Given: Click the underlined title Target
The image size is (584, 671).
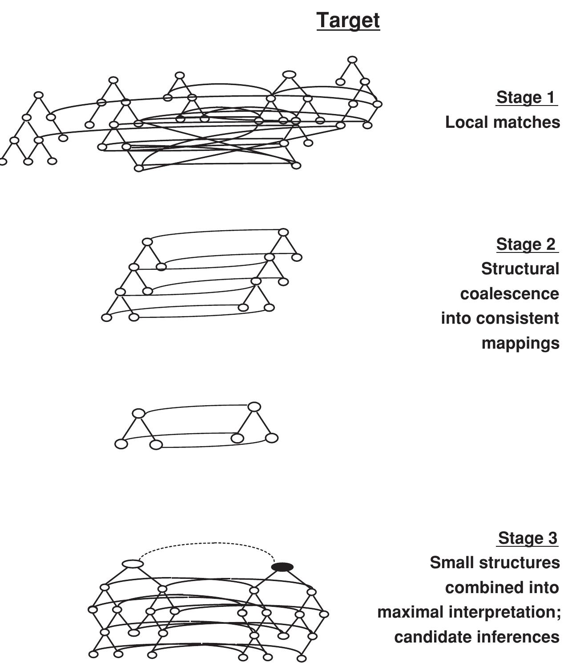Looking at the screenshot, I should [x=348, y=20].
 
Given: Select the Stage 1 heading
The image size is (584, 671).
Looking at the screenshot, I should [x=526, y=97].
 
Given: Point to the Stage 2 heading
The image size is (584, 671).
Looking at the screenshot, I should [x=526, y=244].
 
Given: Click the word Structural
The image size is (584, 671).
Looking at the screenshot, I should [x=520, y=269].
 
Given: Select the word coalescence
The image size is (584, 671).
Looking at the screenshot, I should [x=509, y=294].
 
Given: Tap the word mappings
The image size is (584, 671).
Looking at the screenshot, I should [x=520, y=343].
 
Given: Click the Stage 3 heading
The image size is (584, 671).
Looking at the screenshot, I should [x=527, y=538].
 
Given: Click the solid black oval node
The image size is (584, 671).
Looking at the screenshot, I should [x=282, y=567].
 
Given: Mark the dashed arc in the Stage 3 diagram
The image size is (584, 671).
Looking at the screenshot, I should [x=209, y=544].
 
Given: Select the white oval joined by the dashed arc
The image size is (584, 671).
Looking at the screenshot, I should [x=133, y=564].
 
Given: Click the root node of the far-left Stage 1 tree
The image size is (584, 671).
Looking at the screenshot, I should [x=39, y=95].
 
